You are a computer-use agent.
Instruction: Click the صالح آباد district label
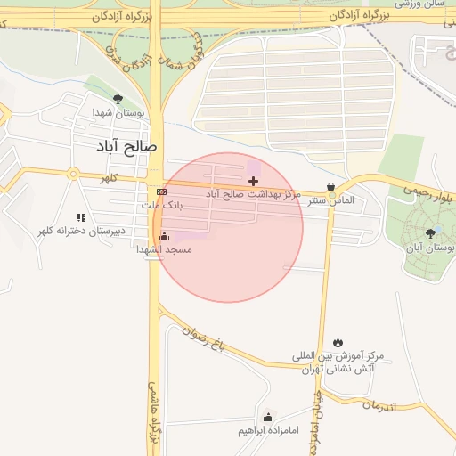coord(128,144)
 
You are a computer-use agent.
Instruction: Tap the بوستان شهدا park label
coord(118,113)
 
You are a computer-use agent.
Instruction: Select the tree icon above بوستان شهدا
coord(118,99)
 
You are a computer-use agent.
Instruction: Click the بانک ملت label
coord(161,205)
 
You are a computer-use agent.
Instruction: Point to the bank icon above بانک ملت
coord(161,191)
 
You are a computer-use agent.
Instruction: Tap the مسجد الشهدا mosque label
coord(164,249)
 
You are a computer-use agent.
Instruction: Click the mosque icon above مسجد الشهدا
coord(164,236)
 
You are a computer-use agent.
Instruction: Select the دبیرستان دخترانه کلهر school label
coord(81,231)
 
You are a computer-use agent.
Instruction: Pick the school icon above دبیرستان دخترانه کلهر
coord(81,217)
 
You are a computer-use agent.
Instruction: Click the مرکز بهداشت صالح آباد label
coord(253,194)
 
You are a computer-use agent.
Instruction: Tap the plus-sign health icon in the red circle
coord(253,181)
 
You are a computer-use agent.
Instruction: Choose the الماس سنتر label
coord(331,200)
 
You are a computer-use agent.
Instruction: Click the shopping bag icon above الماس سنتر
coord(331,187)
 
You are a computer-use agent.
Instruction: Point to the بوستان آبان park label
coord(431,247)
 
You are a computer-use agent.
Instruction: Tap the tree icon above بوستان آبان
coord(431,232)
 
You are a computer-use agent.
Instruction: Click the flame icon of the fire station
coord(338,342)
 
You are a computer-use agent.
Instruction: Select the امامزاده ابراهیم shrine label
coord(268,431)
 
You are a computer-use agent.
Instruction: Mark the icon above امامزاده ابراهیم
coord(268,417)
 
